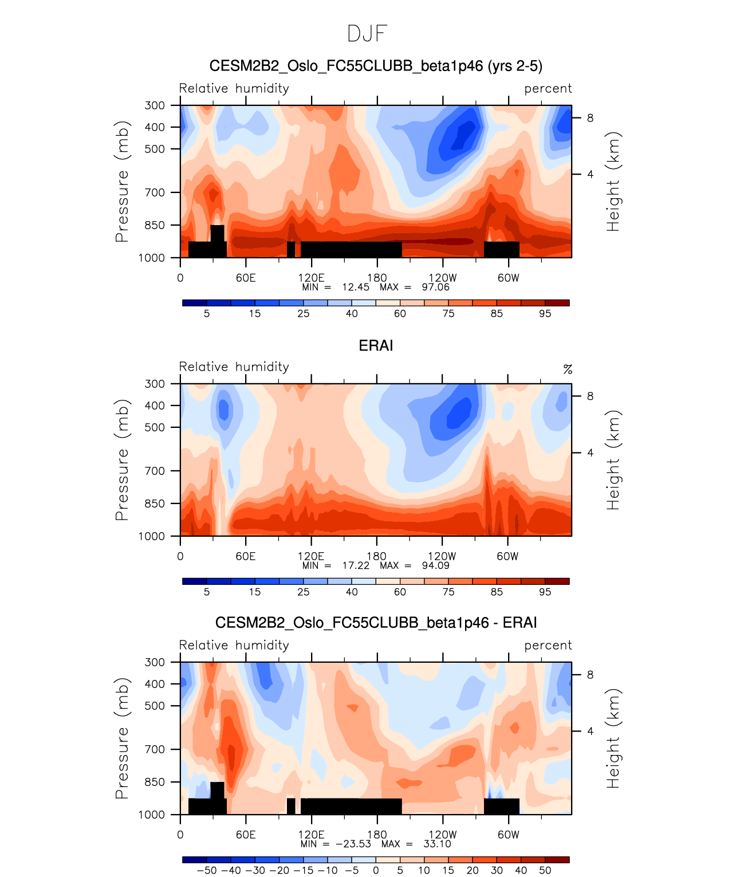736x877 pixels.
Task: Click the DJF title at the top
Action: [367, 34]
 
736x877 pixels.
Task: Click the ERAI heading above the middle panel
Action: [376, 345]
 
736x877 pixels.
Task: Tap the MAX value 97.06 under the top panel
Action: [436, 287]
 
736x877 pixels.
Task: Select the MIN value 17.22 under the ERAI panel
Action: [356, 565]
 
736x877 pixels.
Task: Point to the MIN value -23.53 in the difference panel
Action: [353, 844]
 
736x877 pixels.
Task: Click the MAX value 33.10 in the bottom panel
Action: [437, 844]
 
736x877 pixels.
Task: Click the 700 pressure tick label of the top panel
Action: [155, 192]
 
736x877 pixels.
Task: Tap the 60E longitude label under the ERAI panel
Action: [246, 556]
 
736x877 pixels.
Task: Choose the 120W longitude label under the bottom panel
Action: [442, 835]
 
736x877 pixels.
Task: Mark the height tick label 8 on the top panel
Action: [590, 118]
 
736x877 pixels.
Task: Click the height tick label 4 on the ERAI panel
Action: [590, 453]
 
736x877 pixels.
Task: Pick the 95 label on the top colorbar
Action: [545, 313]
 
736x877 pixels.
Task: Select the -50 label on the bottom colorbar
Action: [207, 870]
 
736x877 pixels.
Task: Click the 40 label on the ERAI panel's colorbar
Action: [352, 592]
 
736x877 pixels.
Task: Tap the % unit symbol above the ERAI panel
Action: [568, 369]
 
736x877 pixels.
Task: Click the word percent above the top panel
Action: [548, 89]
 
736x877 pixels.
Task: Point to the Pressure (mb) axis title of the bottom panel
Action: [121, 738]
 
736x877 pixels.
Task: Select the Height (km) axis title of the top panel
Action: [613, 181]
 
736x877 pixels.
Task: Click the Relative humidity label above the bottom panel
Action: [234, 645]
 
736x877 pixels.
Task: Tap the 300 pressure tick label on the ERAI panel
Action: [155, 384]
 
